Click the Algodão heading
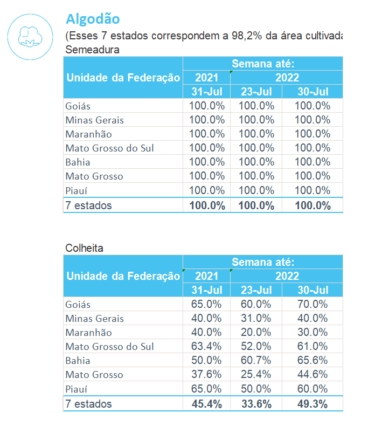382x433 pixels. pyautogui.click(x=93, y=19)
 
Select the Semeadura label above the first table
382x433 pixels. pyautogui.click(x=92, y=50)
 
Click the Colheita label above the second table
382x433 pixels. pyautogui.click(x=84, y=248)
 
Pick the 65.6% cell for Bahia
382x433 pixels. pyautogui.click(x=312, y=361)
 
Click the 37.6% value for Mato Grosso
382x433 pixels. pyautogui.click(x=206, y=375)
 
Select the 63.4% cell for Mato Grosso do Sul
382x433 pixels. pyautogui.click(x=206, y=347)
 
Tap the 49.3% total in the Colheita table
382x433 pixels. pyautogui.click(x=312, y=404)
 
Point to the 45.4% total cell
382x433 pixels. pyautogui.click(x=206, y=404)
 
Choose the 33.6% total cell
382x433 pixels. pyautogui.click(x=256, y=404)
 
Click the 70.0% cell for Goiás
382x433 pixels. pyautogui.click(x=312, y=304)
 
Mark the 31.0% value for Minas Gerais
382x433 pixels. pyautogui.click(x=256, y=319)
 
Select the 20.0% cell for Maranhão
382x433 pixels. pyautogui.click(x=256, y=333)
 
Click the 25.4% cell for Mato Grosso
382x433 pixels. pyautogui.click(x=256, y=375)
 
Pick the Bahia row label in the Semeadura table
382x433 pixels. pyautogui.click(x=78, y=162)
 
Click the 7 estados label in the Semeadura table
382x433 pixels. pyautogui.click(x=89, y=205)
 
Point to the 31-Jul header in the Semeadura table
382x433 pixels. pyautogui.click(x=206, y=92)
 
